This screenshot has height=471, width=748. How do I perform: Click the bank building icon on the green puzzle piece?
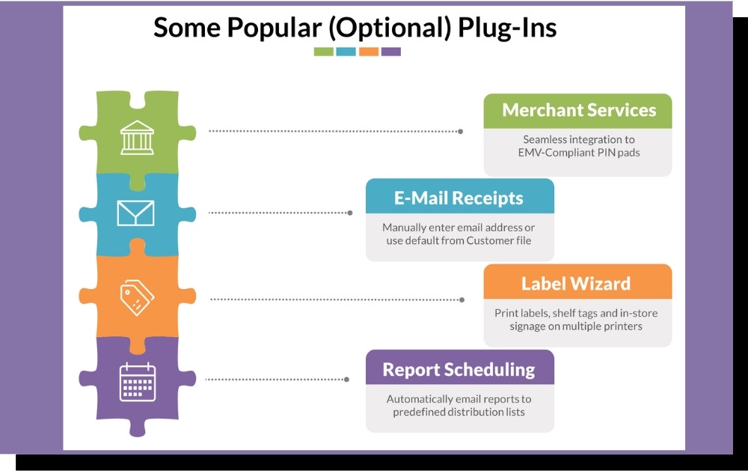pos(138,137)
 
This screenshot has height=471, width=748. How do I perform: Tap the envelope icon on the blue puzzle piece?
pos(135,213)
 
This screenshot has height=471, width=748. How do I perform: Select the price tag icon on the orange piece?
pos(137,297)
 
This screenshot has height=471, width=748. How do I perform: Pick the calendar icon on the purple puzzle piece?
pos(138,382)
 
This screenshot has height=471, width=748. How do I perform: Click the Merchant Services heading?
pos(579,110)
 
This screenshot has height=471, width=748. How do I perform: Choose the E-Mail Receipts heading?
pos(459,198)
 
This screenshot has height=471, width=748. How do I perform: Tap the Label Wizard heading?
pos(576,284)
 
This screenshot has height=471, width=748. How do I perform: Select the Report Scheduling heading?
pos(459,370)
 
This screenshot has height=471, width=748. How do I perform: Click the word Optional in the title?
pos(390,28)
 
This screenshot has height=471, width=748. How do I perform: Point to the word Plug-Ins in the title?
pos(507,28)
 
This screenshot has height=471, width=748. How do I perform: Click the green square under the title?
pos(323,52)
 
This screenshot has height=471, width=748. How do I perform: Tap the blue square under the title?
pos(346,52)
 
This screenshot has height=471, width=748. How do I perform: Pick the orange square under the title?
pos(369,52)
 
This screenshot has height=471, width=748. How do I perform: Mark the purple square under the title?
pos(391,52)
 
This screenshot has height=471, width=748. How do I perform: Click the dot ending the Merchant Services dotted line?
pos(460,131)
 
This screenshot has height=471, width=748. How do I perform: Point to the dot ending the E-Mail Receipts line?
pos(350,213)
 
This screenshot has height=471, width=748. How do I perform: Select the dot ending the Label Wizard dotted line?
pos(462,300)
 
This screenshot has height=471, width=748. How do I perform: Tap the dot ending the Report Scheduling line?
pos(347,380)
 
